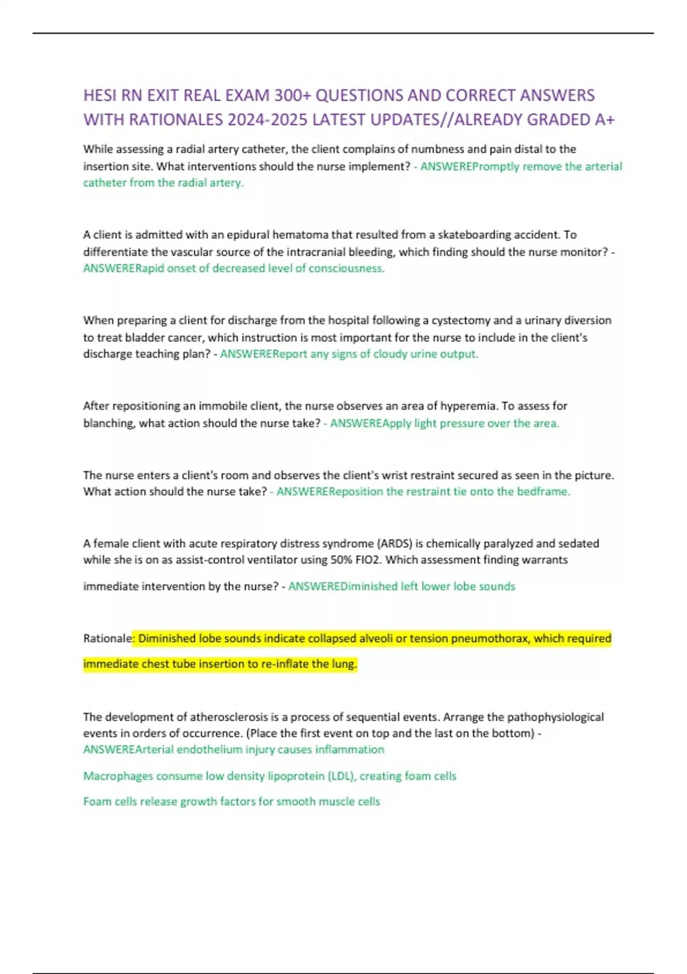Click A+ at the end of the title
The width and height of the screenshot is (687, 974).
point(605,120)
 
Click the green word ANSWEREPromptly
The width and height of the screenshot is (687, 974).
point(469,167)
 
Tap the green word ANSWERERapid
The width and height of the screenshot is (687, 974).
point(123,269)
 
